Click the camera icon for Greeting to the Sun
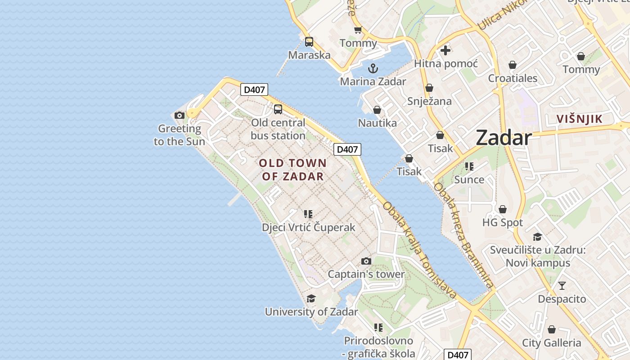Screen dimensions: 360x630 click(180, 116)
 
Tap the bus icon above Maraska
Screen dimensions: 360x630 click(309, 42)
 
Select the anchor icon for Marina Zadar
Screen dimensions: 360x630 click(373, 68)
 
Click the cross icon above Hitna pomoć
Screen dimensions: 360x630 click(445, 50)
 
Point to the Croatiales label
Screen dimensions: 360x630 click(513, 78)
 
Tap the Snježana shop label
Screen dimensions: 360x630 click(429, 101)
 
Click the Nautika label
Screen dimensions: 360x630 click(377, 123)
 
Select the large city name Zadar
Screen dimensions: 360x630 click(504, 137)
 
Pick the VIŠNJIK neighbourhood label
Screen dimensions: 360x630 click(579, 119)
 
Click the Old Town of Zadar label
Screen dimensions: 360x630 click(293, 170)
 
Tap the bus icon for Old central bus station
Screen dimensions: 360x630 click(278, 109)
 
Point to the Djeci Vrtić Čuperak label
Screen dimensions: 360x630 click(308, 227)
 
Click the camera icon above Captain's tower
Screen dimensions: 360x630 click(366, 261)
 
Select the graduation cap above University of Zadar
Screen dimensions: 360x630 click(311, 299)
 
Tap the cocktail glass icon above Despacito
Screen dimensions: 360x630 click(562, 286)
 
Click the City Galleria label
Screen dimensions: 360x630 click(551, 343)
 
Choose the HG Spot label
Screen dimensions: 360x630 click(502, 222)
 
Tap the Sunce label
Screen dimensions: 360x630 click(469, 180)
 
